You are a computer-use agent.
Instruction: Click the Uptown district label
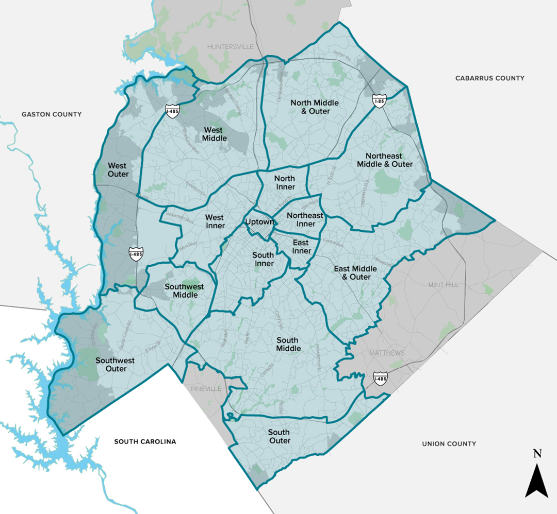click(x=259, y=222)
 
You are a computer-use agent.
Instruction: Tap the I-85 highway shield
click(x=379, y=100)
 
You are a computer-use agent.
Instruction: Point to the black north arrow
click(x=537, y=479)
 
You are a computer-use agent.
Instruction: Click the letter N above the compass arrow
click(x=537, y=454)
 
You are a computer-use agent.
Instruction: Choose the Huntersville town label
click(x=231, y=46)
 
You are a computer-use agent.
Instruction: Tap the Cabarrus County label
click(x=489, y=78)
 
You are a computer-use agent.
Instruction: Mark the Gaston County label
click(x=52, y=114)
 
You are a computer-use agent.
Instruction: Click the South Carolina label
click(x=145, y=441)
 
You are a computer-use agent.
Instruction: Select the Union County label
click(x=449, y=443)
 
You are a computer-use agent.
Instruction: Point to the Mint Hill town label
click(x=443, y=285)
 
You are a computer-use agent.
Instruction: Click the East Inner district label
click(x=302, y=247)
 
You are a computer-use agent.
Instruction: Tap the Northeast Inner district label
click(x=305, y=219)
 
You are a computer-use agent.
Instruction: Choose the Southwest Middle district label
click(x=184, y=291)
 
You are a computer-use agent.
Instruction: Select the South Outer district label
click(x=279, y=436)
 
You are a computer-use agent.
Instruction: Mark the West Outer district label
click(x=118, y=170)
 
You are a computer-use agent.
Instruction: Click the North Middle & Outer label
click(x=315, y=107)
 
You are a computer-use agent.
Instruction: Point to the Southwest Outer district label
click(x=115, y=365)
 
